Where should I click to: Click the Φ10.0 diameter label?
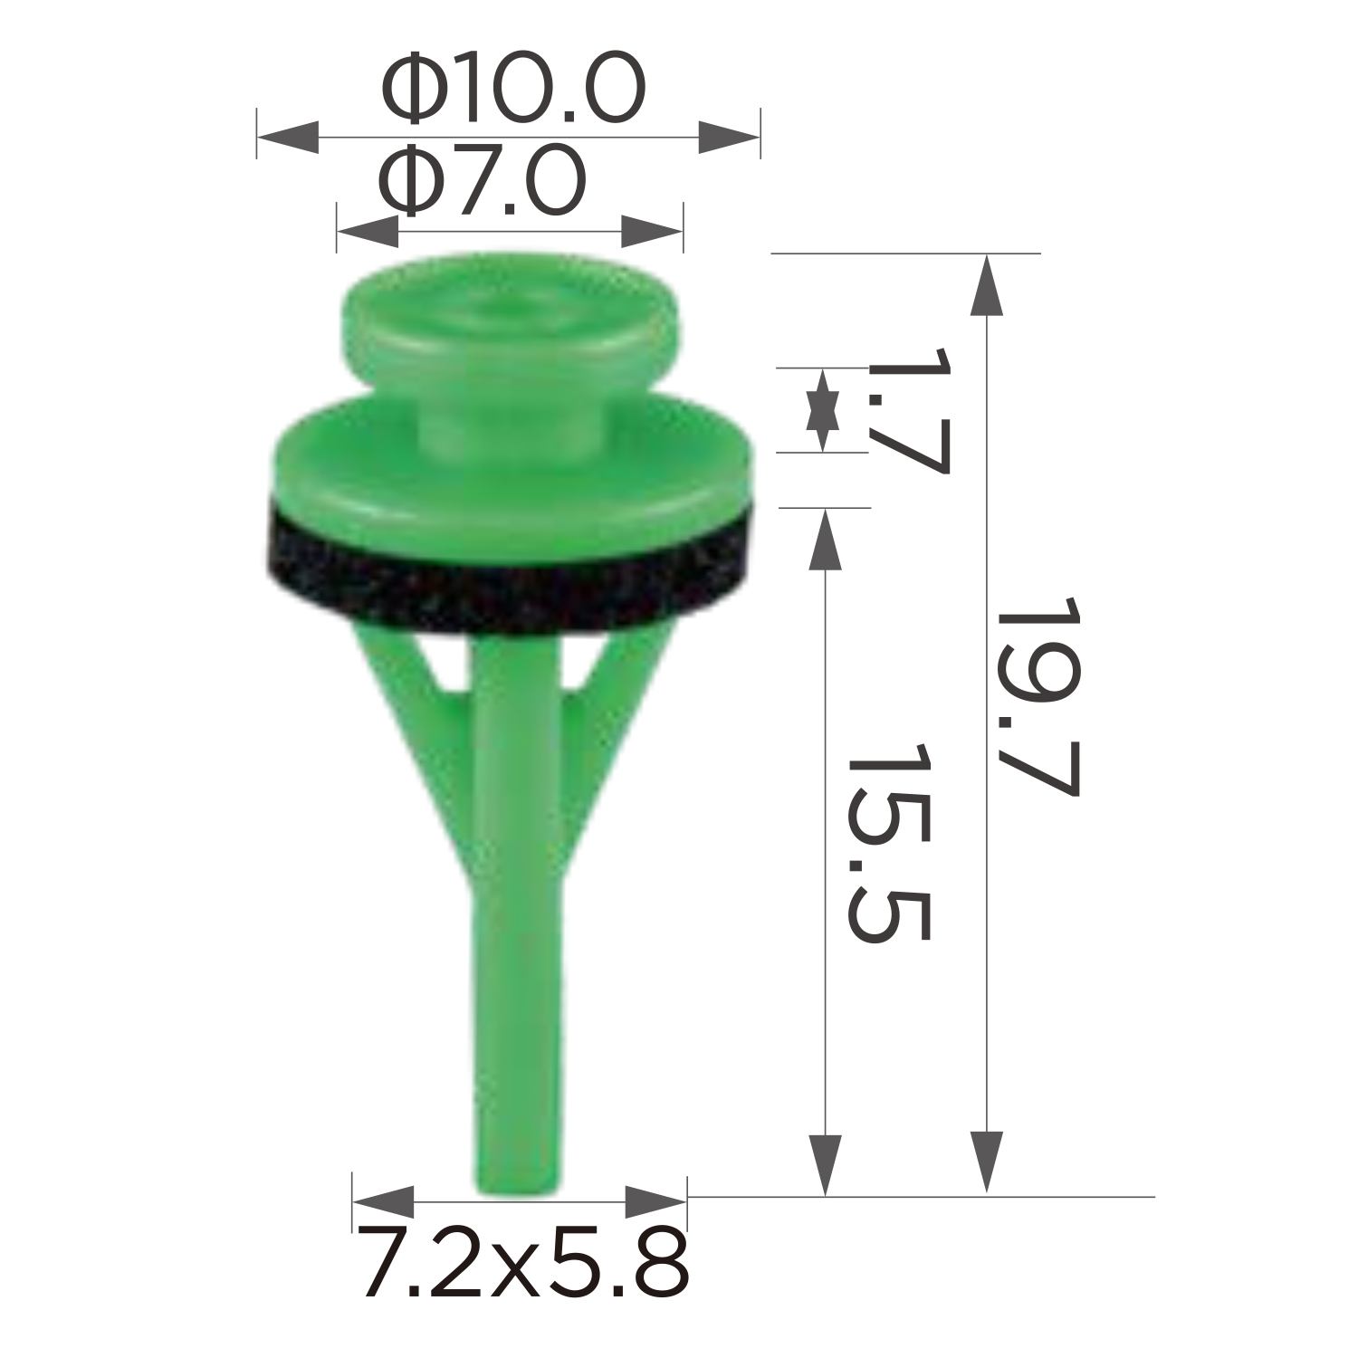point(513,88)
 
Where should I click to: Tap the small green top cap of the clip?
point(512,312)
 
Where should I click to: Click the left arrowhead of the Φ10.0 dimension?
point(288,138)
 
